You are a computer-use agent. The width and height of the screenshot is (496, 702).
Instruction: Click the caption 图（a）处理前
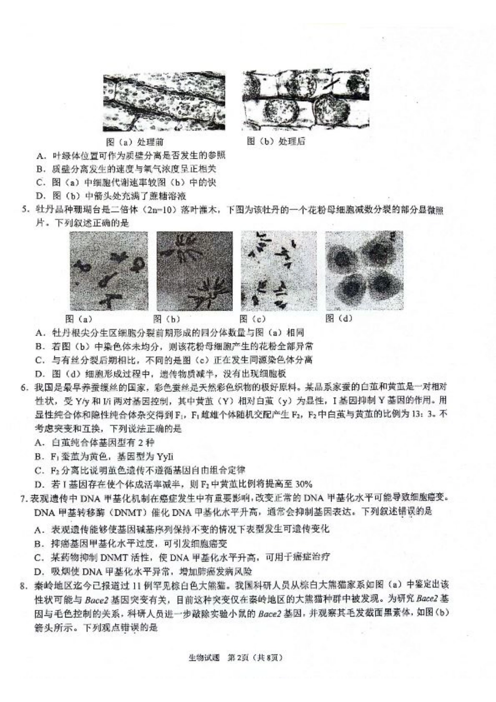click(x=135, y=142)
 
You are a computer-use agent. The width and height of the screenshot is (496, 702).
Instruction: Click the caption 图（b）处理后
click(x=276, y=141)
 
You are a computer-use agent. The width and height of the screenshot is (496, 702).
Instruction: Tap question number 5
click(x=24, y=210)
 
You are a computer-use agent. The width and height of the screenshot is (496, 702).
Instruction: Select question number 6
click(x=24, y=387)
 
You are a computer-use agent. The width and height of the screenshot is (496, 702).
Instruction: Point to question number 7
click(x=23, y=498)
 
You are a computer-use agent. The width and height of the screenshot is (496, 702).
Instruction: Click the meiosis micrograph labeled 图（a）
click(x=109, y=270)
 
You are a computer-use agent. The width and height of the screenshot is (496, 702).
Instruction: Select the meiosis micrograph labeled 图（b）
click(x=194, y=270)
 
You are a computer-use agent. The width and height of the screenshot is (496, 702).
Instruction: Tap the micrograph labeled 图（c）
click(x=278, y=270)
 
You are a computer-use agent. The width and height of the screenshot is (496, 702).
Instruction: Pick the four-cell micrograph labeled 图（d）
click(x=364, y=270)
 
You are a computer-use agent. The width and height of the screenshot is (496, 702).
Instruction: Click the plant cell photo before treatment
click(x=164, y=102)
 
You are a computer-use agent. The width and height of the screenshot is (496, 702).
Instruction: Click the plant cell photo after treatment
click(x=305, y=99)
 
